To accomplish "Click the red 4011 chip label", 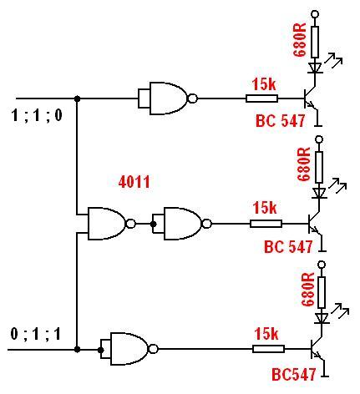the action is [134, 182].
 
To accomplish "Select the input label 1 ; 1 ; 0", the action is [37, 115].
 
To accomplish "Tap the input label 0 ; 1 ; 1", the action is [36, 334].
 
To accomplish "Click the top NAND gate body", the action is [167, 98].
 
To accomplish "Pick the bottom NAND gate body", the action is [129, 349].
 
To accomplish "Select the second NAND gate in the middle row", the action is [182, 224].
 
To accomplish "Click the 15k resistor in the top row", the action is [261, 98].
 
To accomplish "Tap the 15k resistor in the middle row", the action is [266, 224].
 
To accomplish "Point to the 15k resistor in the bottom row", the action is [268, 349].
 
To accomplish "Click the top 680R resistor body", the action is [315, 42].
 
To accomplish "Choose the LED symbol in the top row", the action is [315, 68].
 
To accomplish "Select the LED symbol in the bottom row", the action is [322, 318].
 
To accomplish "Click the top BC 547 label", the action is [280, 121].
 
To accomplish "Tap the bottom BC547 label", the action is [293, 374].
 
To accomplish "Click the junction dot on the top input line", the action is [78, 98].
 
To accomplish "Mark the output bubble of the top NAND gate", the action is [192, 98].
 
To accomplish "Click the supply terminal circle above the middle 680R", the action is [319, 139].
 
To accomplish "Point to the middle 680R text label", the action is [304, 164].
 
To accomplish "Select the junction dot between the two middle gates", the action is [153, 224].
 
